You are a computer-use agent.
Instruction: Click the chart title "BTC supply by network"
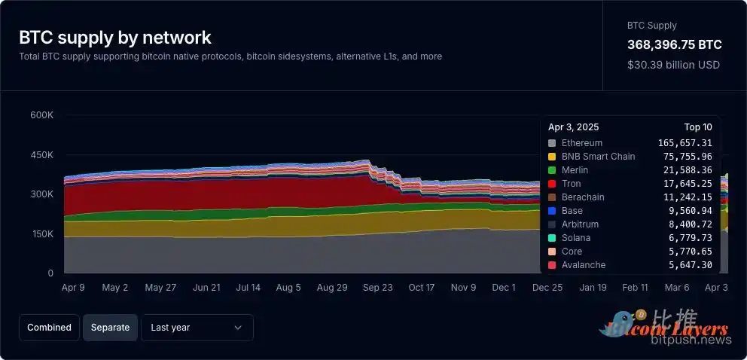(115, 38)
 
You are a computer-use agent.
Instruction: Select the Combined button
(49, 328)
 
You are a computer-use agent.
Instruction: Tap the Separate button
(110, 328)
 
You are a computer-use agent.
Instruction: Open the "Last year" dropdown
(197, 328)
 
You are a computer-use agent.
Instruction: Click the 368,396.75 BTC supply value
(674, 45)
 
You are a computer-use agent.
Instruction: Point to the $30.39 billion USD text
(673, 65)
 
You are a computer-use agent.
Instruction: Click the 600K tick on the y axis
(41, 115)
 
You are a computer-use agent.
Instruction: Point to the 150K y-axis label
(41, 234)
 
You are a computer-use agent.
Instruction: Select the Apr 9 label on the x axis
(73, 288)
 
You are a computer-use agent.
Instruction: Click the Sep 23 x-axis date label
(377, 288)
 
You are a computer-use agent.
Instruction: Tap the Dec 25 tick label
(547, 288)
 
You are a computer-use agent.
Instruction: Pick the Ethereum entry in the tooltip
(582, 143)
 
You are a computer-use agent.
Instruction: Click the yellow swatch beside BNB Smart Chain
(552, 157)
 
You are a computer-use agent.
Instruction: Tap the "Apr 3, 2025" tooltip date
(574, 127)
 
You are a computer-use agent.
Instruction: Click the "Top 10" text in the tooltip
(697, 127)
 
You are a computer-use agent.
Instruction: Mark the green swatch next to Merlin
(552, 170)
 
